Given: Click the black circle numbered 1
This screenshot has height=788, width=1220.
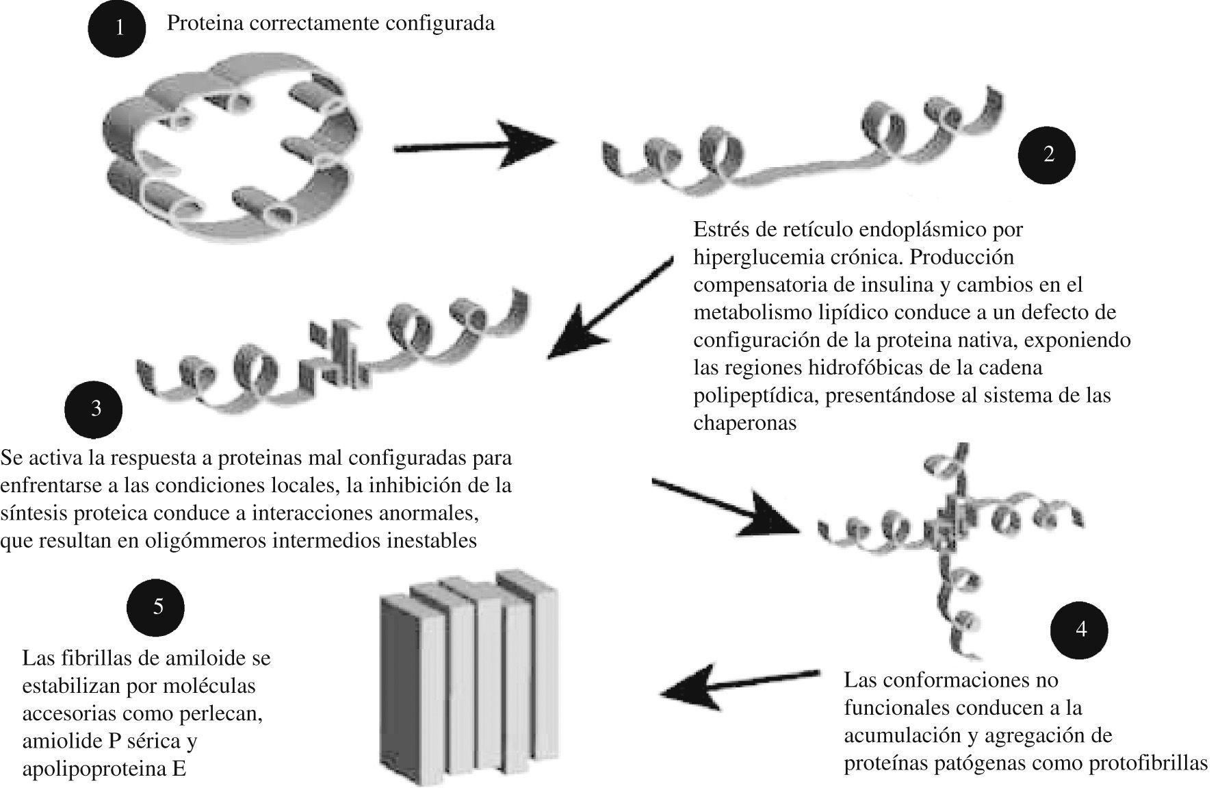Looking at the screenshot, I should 117,29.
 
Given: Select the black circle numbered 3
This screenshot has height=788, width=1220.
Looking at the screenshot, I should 94,409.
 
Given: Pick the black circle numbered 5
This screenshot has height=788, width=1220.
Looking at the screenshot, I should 157,607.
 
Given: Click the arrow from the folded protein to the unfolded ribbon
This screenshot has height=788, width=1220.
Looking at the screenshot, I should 474,145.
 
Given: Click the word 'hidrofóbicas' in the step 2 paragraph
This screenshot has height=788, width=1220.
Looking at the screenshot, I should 867,368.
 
